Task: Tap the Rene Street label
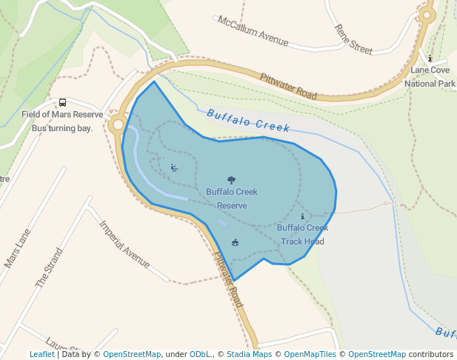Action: point(353,40)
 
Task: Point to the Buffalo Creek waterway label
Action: point(248,121)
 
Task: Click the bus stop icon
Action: point(62,103)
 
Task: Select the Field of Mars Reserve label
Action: point(62,114)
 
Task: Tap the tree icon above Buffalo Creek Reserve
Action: point(232,180)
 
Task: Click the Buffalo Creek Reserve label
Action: point(232,199)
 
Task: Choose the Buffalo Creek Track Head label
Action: point(302,234)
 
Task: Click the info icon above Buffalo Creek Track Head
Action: point(302,216)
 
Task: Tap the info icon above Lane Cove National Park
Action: point(430,58)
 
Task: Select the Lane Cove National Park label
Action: point(430,77)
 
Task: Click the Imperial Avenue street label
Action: point(124,244)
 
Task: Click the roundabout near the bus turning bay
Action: point(116,125)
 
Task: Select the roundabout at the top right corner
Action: point(426,14)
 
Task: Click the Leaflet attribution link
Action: point(41,354)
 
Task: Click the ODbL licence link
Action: point(199,354)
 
